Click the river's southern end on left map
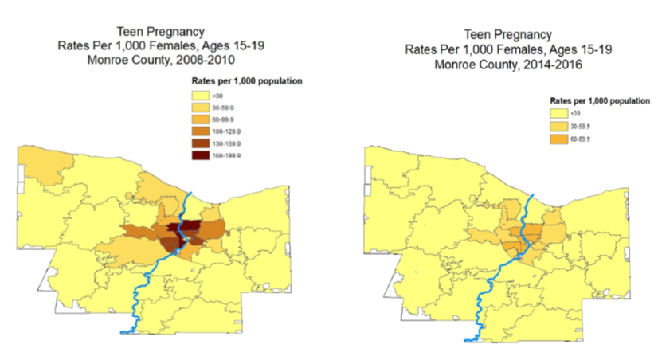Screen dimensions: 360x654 tap(121, 331)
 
